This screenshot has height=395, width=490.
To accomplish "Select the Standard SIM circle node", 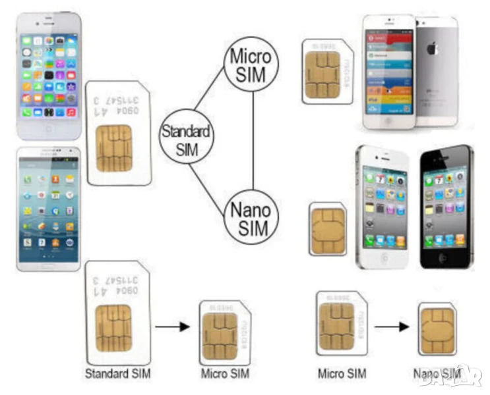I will coord(187,138).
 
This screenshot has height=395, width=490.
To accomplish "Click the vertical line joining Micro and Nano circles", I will coord(254,142).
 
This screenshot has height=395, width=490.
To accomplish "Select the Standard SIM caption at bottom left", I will coord(117,374).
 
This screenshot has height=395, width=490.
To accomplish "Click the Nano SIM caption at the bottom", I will coord(437,374).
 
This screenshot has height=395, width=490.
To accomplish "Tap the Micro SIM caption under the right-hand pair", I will coord(342,374).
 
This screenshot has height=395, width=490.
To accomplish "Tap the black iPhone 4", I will coord(446,206).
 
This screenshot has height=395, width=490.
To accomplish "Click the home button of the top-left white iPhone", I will coord(49,128).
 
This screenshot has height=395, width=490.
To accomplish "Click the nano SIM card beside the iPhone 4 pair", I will coord(328,228).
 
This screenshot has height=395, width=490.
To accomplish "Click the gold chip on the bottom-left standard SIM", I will coord(113,327).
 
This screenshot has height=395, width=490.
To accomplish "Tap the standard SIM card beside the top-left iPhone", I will coord(118,132).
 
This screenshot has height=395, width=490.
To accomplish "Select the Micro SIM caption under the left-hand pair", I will coord(224,374).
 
